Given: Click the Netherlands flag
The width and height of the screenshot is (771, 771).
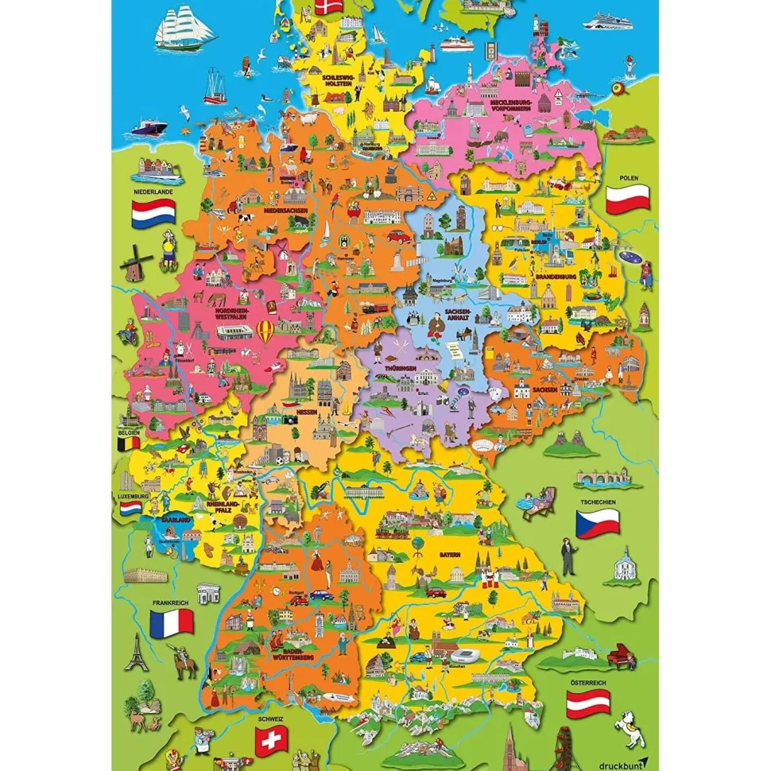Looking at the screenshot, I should (x=153, y=211).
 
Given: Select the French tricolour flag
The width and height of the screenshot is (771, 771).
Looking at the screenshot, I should (x=171, y=622).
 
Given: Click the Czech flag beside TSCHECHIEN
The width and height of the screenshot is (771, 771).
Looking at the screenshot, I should (x=597, y=523).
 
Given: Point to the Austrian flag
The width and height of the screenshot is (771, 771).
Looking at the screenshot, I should (x=587, y=703).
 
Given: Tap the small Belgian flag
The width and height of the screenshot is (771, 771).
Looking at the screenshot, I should (x=128, y=444).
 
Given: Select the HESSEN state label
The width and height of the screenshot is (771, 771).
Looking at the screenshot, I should (x=308, y=414).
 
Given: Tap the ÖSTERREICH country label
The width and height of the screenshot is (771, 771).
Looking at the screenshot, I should (x=587, y=683).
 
